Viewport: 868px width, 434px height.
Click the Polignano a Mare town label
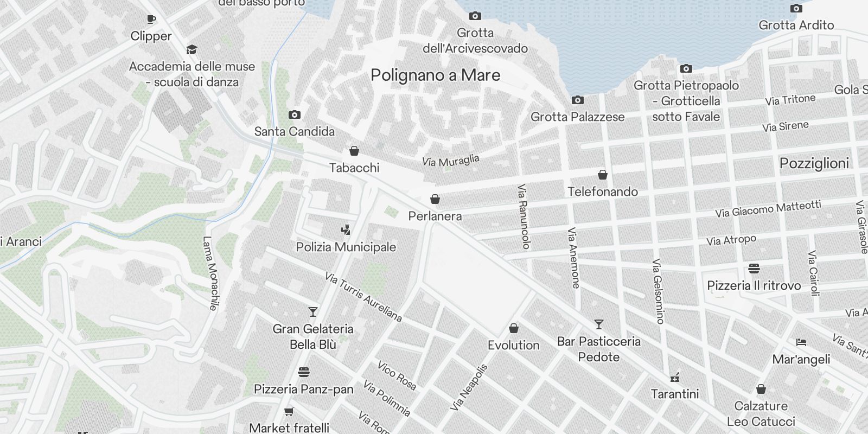coord(435,75)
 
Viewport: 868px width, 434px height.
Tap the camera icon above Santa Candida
coord(295,114)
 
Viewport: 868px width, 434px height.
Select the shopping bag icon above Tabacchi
coord(354,150)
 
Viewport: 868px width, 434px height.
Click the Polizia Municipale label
coord(346,247)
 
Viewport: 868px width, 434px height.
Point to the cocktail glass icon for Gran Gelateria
coord(313,311)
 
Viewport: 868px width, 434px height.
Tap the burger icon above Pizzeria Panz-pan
coord(303,372)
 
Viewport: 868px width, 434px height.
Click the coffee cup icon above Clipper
coord(151,20)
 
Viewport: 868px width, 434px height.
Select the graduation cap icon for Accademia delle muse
coord(192,50)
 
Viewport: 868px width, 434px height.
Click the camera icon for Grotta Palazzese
coord(577,100)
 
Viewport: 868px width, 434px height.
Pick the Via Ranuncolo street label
coord(524,216)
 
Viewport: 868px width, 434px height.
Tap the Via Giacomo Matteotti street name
coord(768,209)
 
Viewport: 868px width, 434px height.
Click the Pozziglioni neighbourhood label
coord(814,163)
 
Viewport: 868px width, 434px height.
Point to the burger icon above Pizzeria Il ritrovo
coord(754,269)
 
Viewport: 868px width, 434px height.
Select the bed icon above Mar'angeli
coord(801,342)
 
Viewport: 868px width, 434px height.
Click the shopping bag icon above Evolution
coord(513,328)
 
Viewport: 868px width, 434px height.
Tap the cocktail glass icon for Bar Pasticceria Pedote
coord(598,324)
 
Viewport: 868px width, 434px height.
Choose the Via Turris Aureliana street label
coord(363,297)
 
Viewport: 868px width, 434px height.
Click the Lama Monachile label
coord(210,273)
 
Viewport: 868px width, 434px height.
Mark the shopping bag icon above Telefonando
coord(602,175)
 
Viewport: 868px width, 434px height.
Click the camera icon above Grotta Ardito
coord(796,8)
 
